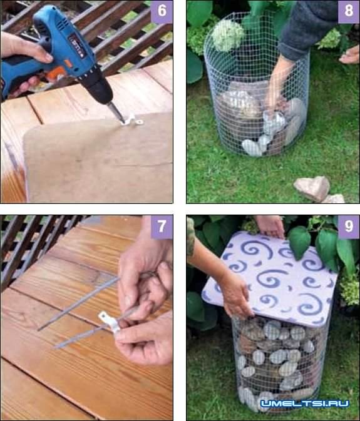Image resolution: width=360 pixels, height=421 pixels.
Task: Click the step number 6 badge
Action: click(162, 11)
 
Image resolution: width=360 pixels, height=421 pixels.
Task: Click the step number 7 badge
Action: click(162, 226)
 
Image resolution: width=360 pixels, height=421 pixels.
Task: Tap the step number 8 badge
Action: click(349, 11)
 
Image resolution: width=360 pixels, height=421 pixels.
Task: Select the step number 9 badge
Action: click(349, 227)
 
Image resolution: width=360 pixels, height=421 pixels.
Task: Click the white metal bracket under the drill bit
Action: click(132, 120)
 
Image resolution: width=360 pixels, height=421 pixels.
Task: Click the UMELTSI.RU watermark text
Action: click(305, 403)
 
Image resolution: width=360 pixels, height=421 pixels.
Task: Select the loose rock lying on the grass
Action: click(312, 188)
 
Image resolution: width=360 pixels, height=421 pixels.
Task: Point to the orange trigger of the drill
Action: click(56, 73)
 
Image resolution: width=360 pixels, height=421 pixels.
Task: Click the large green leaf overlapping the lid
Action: click(299, 242)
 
